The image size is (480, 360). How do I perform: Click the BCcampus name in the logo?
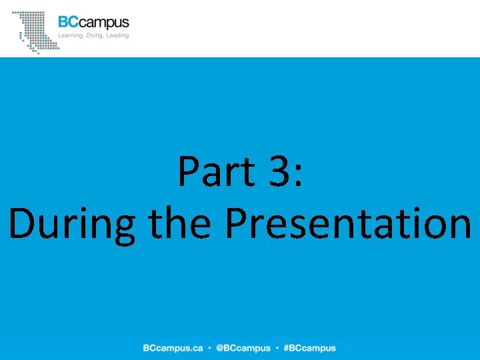point(93,23)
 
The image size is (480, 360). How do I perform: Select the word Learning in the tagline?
point(72,35)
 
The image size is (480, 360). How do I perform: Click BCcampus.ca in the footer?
point(172,348)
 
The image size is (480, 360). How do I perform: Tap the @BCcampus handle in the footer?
point(243,348)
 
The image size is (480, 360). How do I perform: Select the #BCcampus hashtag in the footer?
point(309,348)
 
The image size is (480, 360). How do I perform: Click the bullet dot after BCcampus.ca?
point(209,348)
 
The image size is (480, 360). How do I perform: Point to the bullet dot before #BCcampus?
point(277,348)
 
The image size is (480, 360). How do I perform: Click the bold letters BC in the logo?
point(68,23)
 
